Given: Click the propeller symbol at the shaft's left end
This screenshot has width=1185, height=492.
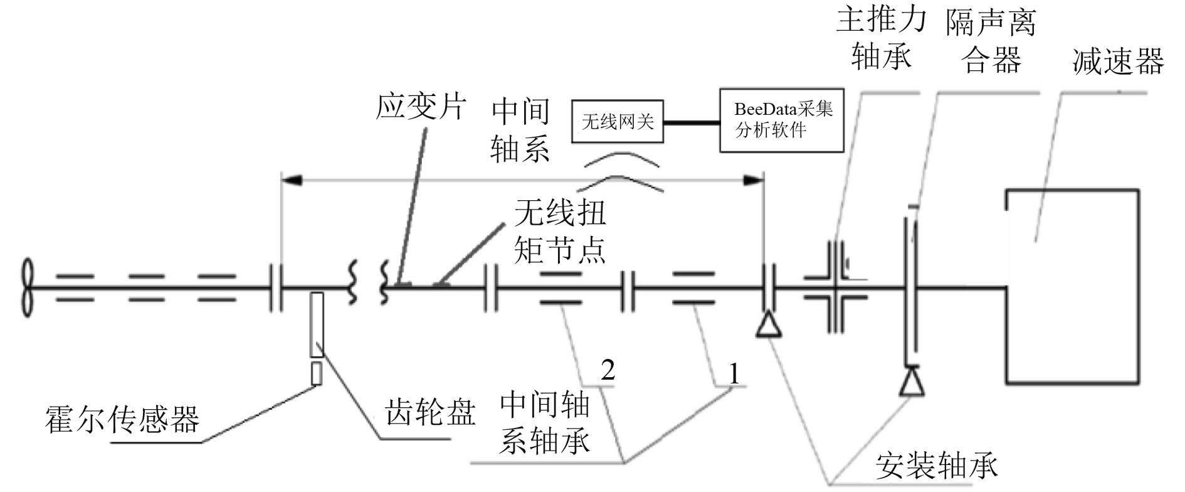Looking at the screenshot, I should coord(26,287).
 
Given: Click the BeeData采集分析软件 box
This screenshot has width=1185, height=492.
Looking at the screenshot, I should coord(781,120).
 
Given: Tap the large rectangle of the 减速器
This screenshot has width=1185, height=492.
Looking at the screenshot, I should coord(1072,286).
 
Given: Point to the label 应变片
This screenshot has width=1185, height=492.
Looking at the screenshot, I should coord(421,107).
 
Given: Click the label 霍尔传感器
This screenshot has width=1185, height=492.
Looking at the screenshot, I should coord(122,420).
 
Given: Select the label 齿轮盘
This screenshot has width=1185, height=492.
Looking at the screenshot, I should coord(430,412).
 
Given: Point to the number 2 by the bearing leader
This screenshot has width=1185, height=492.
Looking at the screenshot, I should coord(608,370).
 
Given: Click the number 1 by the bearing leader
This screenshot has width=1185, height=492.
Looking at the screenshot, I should coord(734,374).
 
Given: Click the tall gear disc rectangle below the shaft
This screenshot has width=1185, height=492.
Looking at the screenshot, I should coord(317,324).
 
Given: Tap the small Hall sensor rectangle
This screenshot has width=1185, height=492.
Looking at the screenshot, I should coord(317,373).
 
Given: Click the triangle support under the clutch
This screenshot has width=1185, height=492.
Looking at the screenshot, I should coord(911,382).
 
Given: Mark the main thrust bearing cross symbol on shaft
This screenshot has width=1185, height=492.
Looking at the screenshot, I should coord(835,287).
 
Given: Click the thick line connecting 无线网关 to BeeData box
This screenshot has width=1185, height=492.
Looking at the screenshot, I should coord(692,122).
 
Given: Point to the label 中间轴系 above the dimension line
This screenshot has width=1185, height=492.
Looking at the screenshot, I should coord(520,131).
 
